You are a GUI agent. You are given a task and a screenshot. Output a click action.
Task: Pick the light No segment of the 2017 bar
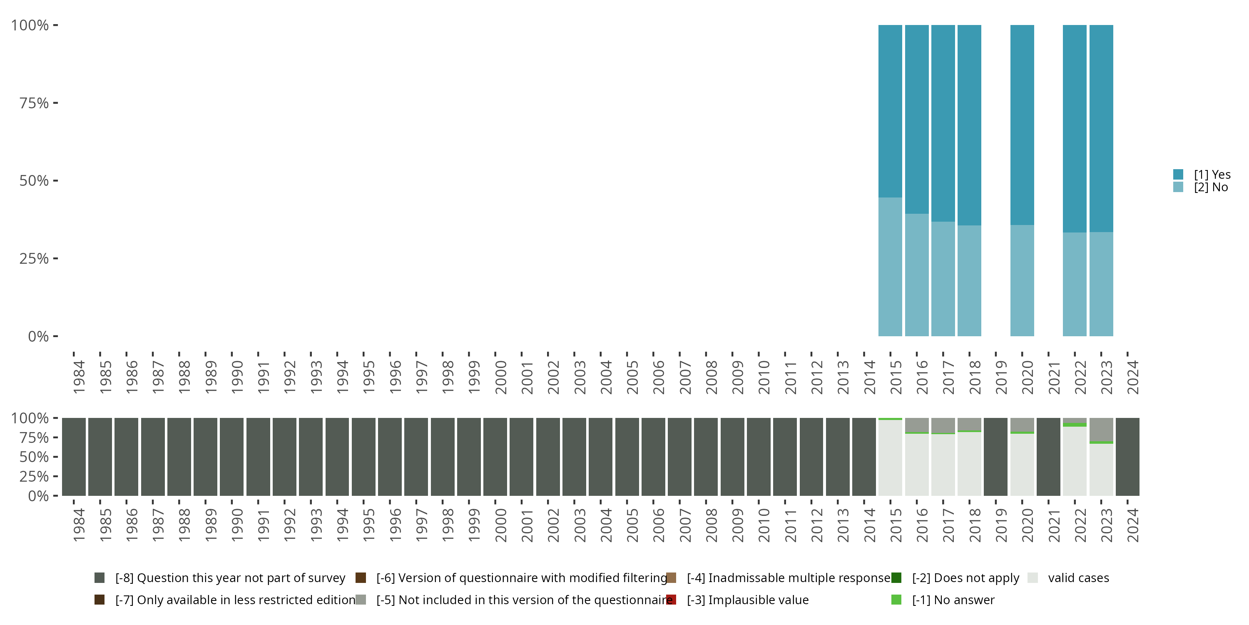943,279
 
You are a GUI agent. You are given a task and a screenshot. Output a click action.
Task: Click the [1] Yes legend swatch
1178,174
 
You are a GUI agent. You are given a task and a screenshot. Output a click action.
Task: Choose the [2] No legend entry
1211,187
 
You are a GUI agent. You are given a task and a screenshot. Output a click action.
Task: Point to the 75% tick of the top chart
55,103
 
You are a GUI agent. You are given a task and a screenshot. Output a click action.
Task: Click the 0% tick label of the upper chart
38,336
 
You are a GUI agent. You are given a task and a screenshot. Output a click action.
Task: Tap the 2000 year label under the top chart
500,377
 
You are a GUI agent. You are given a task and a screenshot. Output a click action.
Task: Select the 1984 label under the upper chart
79,377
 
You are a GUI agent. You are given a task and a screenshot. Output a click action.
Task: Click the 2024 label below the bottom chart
1132,525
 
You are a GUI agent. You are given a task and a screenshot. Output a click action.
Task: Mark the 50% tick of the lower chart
55,457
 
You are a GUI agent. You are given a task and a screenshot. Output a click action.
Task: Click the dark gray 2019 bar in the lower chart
996,457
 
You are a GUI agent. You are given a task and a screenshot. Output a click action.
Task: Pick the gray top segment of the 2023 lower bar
1101,430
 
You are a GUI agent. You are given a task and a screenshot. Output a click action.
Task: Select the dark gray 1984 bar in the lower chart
74,457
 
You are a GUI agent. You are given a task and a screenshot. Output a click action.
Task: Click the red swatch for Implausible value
671,600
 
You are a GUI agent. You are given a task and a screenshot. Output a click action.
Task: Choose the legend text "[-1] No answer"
953,600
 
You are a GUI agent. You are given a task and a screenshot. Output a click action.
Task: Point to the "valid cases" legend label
1078,578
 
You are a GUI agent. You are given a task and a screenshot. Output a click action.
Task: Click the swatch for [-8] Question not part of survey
100,578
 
